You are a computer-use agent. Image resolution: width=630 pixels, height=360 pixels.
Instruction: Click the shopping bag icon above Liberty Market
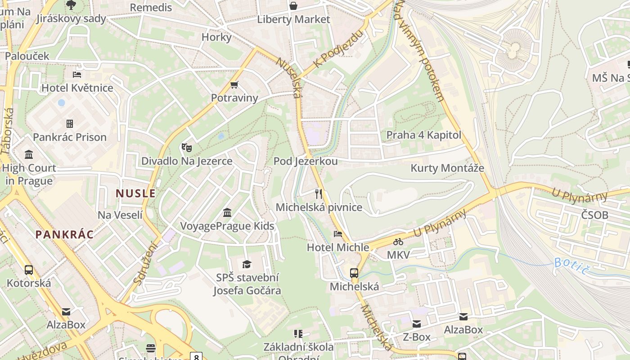point(293,6)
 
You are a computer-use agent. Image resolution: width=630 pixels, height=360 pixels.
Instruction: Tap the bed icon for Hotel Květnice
point(77,74)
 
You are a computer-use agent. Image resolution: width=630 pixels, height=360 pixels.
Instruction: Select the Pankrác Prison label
point(70,137)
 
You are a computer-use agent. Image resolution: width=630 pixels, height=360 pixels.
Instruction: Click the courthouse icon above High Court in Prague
point(29,155)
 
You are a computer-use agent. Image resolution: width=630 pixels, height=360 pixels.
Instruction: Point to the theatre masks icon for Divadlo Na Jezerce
point(186,147)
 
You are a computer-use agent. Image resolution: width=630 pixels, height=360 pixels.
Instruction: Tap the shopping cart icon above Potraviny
point(234,85)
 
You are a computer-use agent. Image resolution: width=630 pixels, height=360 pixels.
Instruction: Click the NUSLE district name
point(135,193)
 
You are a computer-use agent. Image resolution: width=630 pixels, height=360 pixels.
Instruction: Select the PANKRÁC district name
point(64,234)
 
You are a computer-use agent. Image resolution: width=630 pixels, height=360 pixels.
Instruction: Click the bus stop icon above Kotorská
point(29,270)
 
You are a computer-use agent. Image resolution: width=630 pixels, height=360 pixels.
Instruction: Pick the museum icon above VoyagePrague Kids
point(227,212)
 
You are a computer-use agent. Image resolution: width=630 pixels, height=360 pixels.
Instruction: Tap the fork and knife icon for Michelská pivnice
point(319,194)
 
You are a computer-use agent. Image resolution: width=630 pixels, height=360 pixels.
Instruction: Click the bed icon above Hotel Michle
point(337,234)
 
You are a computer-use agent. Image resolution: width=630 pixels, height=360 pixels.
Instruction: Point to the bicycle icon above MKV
point(398,242)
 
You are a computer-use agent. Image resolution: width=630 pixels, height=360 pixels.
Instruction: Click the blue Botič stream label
point(571,265)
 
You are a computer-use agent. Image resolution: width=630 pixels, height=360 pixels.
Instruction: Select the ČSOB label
point(594,215)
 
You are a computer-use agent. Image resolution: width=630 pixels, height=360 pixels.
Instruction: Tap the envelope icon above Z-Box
point(417,324)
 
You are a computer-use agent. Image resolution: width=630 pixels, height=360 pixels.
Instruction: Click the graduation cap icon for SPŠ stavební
point(246,264)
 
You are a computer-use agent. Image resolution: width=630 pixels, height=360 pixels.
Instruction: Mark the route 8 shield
point(196,357)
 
